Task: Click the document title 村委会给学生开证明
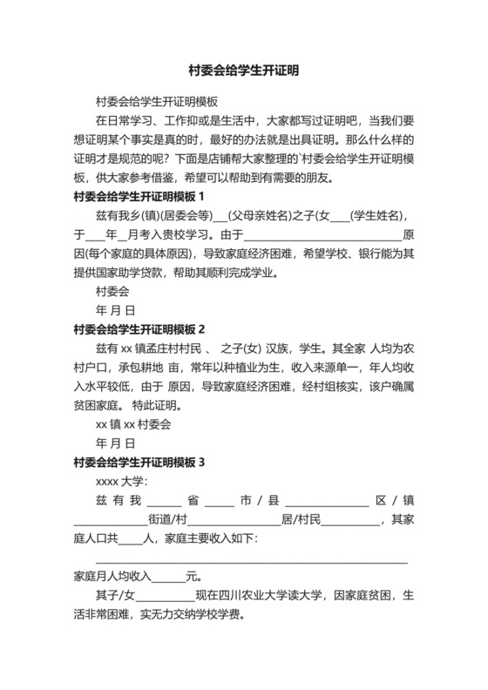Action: [x=243, y=71]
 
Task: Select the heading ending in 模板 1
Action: [x=139, y=196]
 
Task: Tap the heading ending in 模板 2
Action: [x=139, y=329]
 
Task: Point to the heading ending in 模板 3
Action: [x=139, y=462]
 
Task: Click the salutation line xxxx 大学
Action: [x=122, y=481]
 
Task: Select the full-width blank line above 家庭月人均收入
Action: [x=251, y=558]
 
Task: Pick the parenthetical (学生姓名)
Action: [x=378, y=215]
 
